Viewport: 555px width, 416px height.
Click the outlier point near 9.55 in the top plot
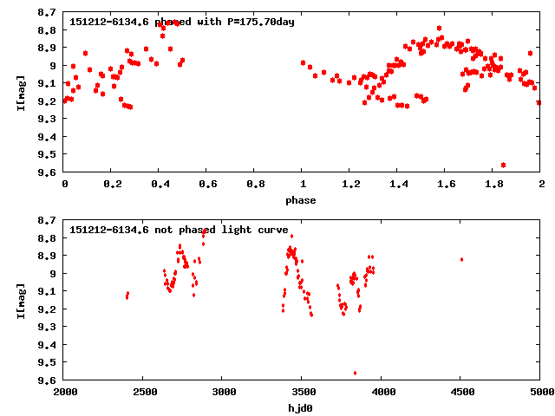504,165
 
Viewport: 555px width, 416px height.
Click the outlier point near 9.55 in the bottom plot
355,373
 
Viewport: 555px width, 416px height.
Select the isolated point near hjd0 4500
461,259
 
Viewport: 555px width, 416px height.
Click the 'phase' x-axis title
303,200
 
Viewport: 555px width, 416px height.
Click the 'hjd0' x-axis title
303,408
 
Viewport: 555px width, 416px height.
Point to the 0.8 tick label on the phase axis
255,185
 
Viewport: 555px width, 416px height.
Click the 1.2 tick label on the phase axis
350,185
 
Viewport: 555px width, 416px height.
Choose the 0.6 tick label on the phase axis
207,185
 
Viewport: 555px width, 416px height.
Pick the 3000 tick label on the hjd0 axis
224,393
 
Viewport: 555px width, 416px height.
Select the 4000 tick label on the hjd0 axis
382,393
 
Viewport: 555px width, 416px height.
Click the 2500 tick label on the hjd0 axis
144,393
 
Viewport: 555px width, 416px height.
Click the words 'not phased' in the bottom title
182,230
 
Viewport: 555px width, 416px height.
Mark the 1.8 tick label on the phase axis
493,185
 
